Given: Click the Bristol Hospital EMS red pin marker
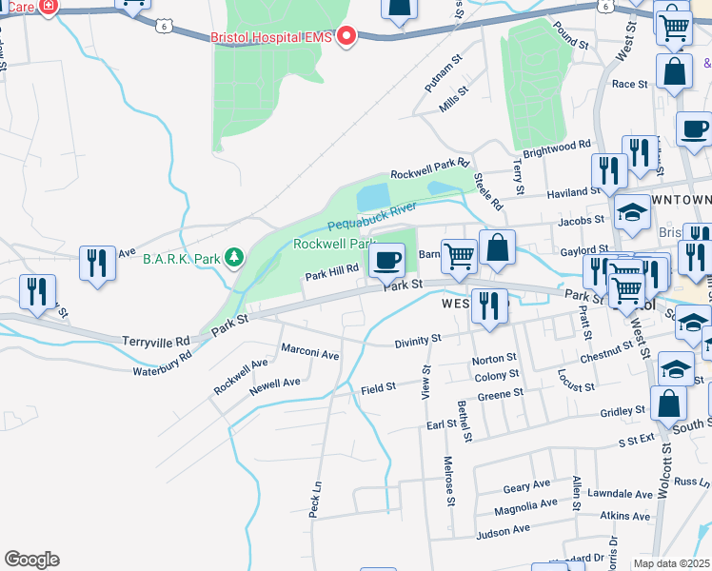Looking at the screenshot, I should pos(346,37).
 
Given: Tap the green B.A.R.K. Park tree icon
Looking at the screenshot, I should pos(234,258).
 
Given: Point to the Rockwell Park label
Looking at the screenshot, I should pos(330,244).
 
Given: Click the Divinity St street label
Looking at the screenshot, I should pos(418,339).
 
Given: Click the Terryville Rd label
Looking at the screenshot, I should pos(156,340).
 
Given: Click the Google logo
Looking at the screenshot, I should pos(31,560).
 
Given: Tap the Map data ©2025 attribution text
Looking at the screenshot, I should pos(671,563).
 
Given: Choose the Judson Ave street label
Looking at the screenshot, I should pos(504,533).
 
